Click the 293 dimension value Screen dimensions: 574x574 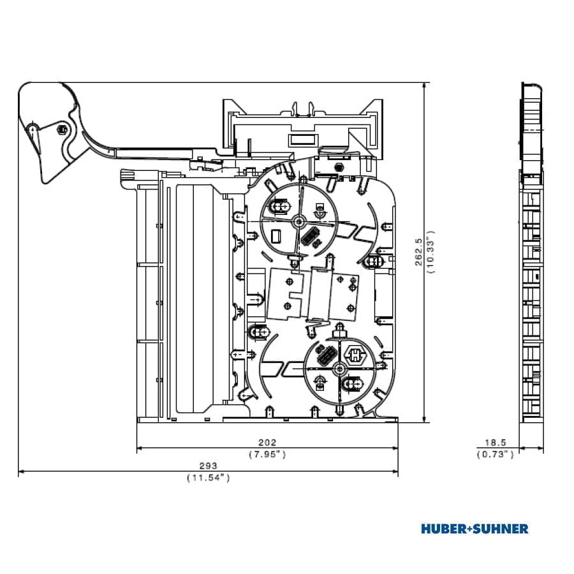click(x=208, y=466)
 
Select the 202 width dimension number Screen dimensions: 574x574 click(x=267, y=443)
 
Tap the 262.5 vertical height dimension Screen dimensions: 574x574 click(x=419, y=252)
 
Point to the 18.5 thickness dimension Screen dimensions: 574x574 click(x=496, y=443)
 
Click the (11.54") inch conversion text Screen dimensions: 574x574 click(x=209, y=478)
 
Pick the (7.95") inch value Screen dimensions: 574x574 click(x=267, y=454)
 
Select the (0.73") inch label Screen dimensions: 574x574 click(x=496, y=454)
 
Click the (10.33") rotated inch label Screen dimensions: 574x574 click(x=430, y=252)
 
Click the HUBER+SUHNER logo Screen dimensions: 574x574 click(x=475, y=529)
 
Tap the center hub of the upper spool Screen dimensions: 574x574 click(x=298, y=221)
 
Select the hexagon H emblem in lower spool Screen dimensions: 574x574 click(x=355, y=355)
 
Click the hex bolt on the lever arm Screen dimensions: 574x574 click(x=62, y=129)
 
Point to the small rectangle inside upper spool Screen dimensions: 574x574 click(x=276, y=236)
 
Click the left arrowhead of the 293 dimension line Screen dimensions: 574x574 click(x=21, y=471)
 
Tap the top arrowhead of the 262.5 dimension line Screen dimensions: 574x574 click(x=424, y=85)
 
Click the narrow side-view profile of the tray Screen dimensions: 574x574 click(x=531, y=253)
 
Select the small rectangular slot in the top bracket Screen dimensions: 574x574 click(x=302, y=140)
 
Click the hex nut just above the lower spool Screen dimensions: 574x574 click(x=339, y=334)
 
